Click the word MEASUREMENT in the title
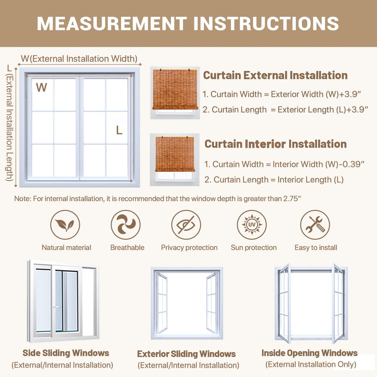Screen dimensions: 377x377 click(112, 24)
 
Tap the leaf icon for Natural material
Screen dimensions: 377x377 click(65, 225)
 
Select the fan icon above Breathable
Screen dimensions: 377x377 click(125, 225)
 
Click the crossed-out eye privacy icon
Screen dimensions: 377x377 click(186, 225)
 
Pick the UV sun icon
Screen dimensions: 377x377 click(252, 225)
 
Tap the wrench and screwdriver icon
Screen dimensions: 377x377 click(315, 225)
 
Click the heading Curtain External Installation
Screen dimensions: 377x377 click(275, 75)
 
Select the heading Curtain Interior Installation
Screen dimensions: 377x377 click(275, 144)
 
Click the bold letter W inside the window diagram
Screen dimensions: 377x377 click(42, 88)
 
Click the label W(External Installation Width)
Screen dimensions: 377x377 click(79, 59)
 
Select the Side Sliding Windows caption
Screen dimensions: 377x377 click(66, 353)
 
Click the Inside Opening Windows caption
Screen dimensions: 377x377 click(310, 353)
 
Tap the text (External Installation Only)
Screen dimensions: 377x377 click(311, 364)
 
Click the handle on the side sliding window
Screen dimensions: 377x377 click(57, 307)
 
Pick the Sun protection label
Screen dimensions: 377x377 click(254, 248)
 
